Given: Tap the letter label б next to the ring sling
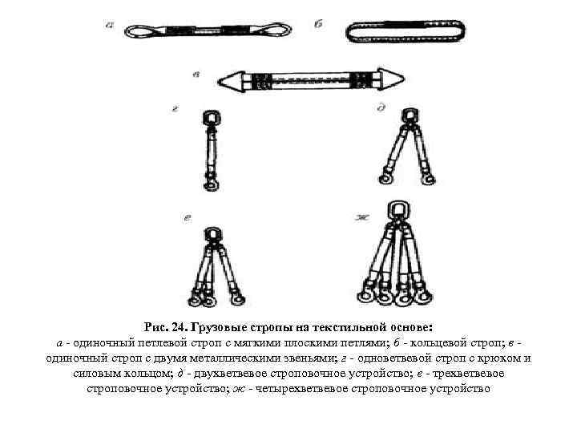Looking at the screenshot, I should click(318, 26).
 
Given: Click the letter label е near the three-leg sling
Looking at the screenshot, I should click(185, 216).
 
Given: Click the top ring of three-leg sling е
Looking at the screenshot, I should click(213, 234).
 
